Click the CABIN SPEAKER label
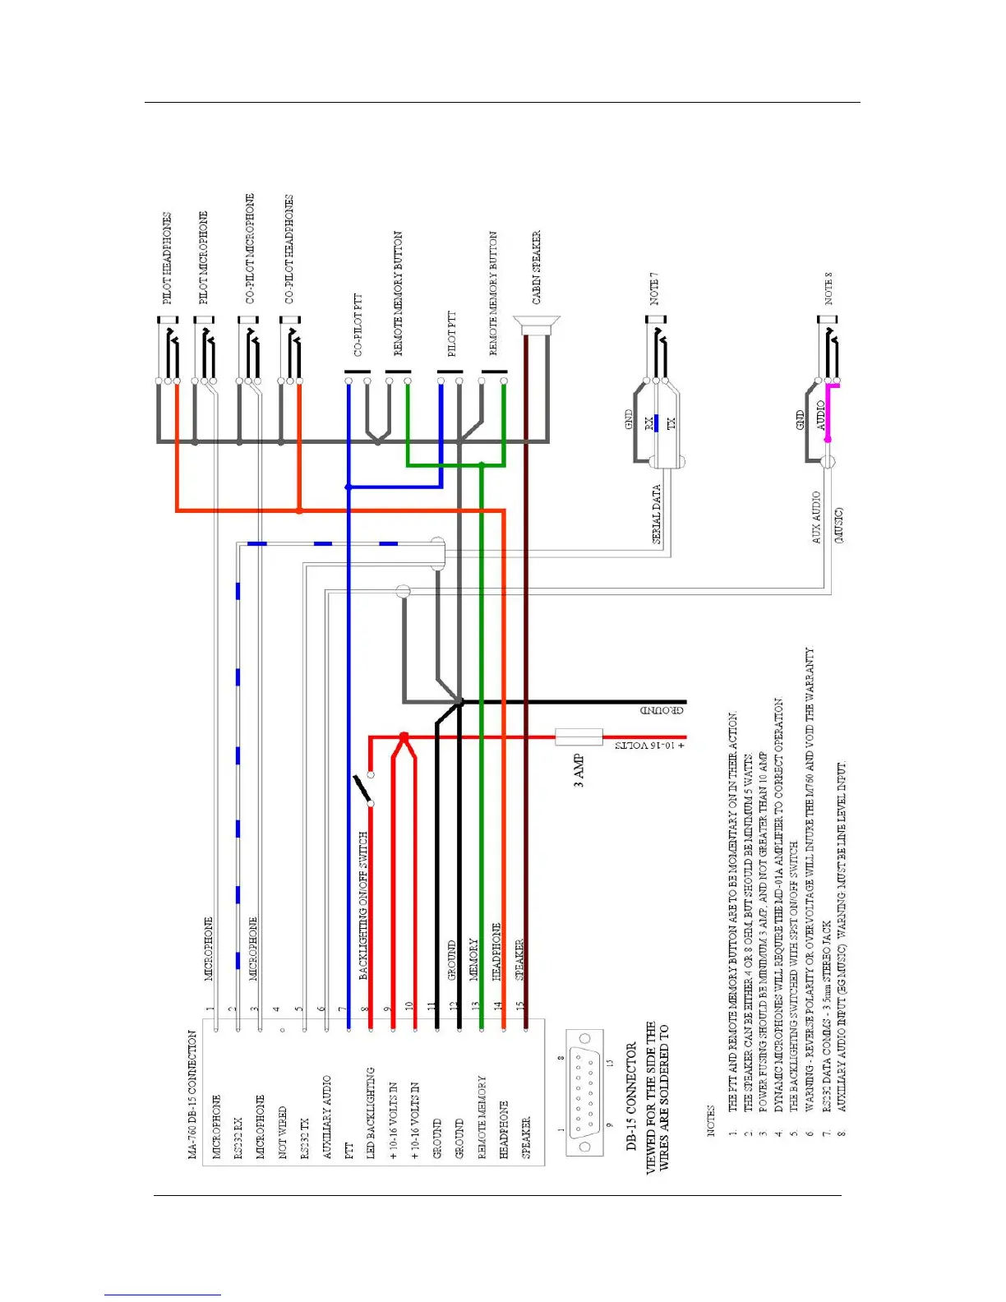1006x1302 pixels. point(537,267)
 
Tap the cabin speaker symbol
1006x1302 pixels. point(536,324)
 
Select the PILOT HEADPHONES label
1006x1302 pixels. point(167,258)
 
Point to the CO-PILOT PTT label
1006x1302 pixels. point(358,325)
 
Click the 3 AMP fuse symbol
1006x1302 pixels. point(579,736)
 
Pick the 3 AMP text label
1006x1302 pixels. point(579,771)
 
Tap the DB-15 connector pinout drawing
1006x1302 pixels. point(584,1093)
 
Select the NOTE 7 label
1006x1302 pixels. point(654,288)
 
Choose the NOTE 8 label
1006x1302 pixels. point(828,288)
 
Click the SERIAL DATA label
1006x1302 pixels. point(657,514)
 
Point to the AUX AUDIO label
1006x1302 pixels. point(816,517)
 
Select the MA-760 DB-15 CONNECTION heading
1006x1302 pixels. point(192,1095)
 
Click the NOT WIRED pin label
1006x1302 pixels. point(282,1133)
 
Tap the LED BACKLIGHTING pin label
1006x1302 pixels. point(371,1113)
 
